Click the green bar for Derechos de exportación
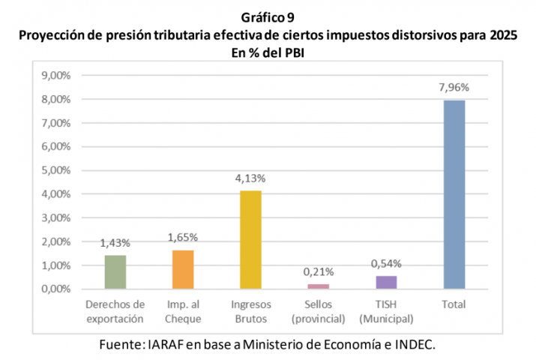[x=115, y=271]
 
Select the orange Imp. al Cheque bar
[x=183, y=269]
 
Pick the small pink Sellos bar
[x=318, y=286]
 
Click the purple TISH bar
[x=386, y=282]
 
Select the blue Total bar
[x=454, y=194]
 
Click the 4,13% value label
[x=250, y=179]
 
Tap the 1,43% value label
[x=115, y=243]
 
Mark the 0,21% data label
[x=318, y=272]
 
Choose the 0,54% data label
[x=386, y=264]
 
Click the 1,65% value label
[x=183, y=238]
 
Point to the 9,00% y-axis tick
[x=55, y=76]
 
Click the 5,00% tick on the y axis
[x=55, y=170]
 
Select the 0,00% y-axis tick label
[x=55, y=289]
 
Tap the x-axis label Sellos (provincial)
[x=318, y=311]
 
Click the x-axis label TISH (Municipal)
[x=386, y=311]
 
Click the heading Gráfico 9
[x=268, y=16]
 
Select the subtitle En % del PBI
[x=268, y=52]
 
